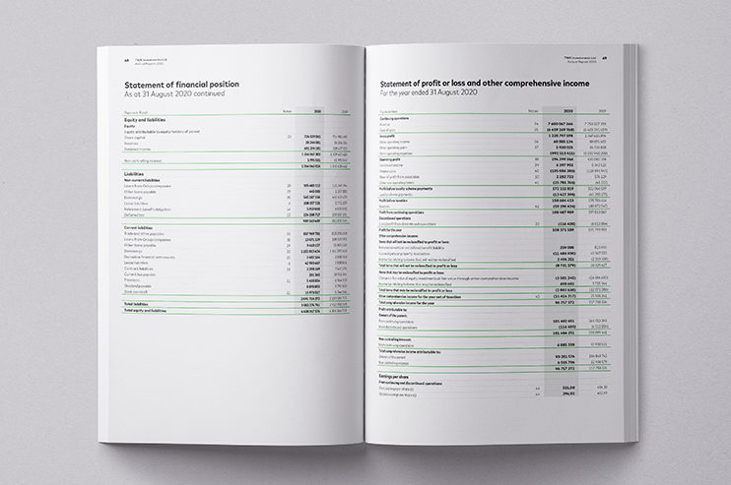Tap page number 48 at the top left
coord(113,58)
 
